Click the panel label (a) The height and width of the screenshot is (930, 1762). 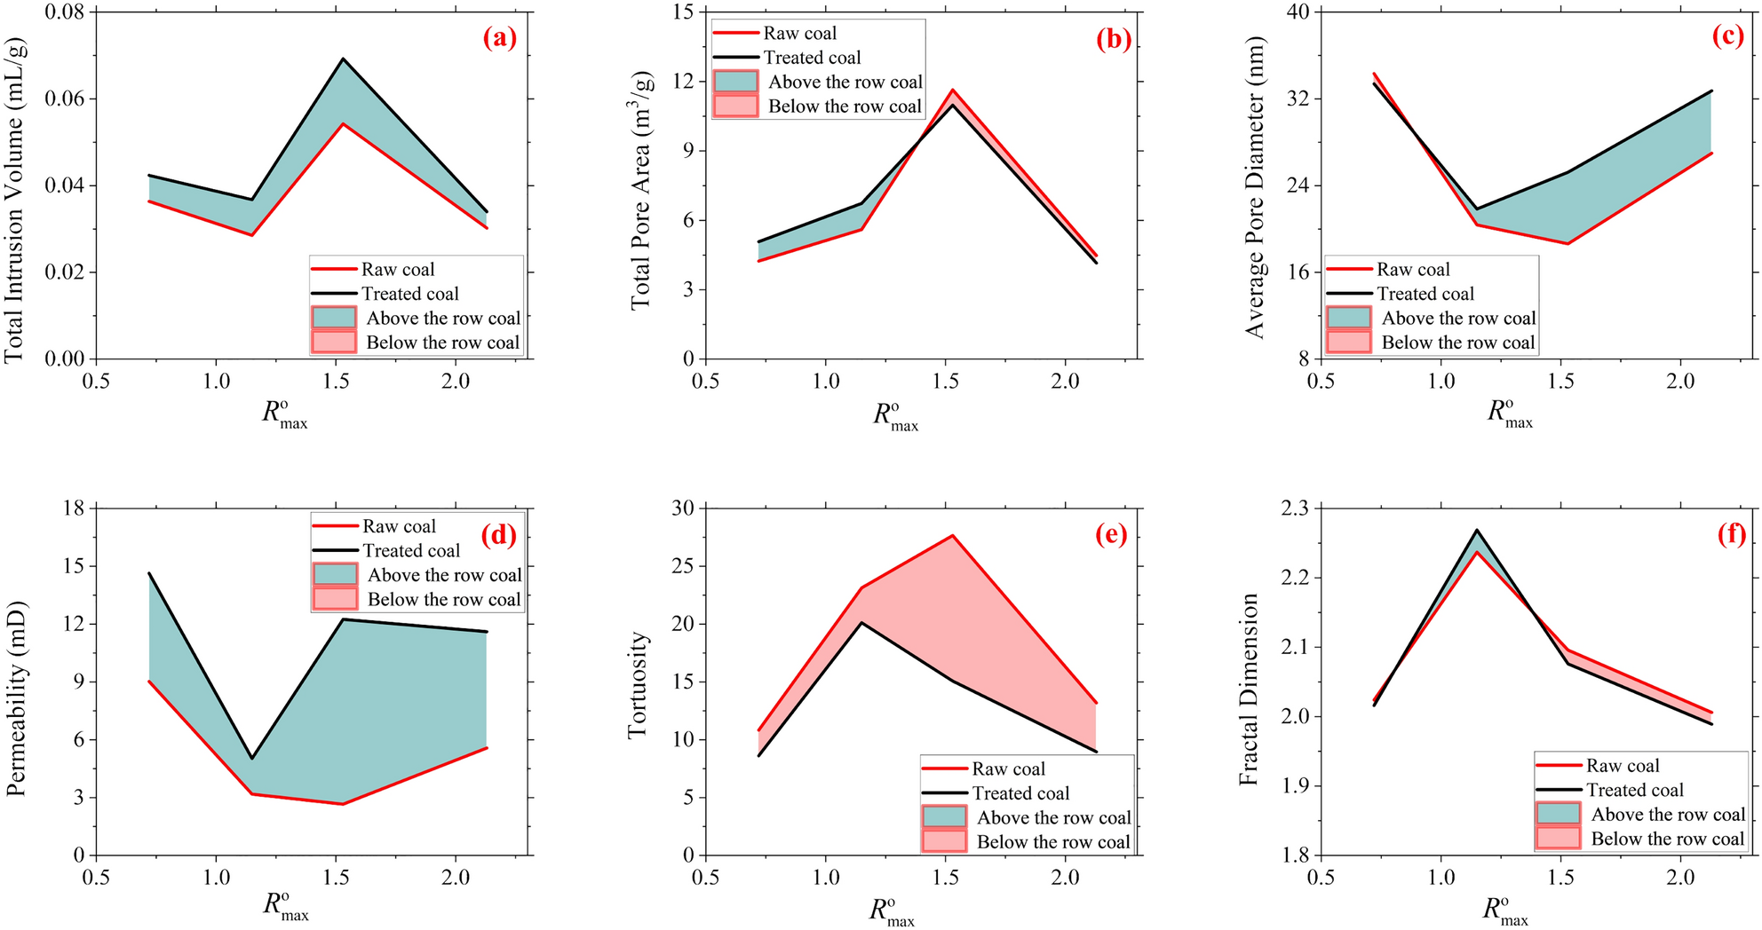click(x=499, y=38)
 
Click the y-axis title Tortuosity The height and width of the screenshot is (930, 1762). click(x=638, y=685)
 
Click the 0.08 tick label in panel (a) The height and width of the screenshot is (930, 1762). click(x=65, y=12)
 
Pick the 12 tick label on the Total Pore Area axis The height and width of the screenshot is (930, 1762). click(x=683, y=81)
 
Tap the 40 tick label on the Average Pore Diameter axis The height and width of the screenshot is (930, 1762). click(x=1298, y=12)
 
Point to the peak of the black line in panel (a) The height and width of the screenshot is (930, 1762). click(x=343, y=59)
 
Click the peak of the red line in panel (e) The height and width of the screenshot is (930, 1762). click(x=953, y=535)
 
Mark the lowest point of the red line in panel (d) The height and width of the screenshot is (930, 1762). click(x=343, y=804)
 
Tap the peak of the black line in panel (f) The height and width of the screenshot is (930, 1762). click(x=1477, y=530)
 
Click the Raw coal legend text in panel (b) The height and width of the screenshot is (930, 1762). click(x=799, y=34)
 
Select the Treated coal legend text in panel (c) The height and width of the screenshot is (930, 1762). click(x=1425, y=294)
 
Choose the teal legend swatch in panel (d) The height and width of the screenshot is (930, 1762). click(x=336, y=574)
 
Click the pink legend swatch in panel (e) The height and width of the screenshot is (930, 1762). click(x=944, y=840)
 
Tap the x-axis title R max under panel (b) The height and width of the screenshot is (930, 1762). click(x=893, y=416)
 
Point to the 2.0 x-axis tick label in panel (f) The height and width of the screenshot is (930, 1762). click(x=1680, y=877)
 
